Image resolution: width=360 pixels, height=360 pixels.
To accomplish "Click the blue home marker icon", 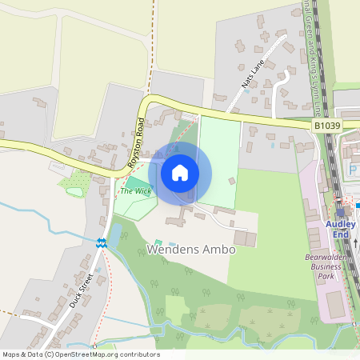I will (x=180, y=173).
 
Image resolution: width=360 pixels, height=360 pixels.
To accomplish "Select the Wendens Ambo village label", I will (x=191, y=250).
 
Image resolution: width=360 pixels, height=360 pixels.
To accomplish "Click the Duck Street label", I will (x=81, y=290).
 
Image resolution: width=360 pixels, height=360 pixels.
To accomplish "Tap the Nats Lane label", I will (x=253, y=72).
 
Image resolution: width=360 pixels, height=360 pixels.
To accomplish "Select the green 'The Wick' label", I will (x=135, y=191).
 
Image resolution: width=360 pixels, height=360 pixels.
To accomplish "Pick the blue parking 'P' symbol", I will (x=352, y=170).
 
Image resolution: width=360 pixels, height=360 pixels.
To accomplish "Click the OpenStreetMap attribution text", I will (x=81, y=354).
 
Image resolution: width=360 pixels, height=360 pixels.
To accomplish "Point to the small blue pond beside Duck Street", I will (x=114, y=234).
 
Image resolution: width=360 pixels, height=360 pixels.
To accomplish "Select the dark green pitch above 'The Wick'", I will (x=137, y=183).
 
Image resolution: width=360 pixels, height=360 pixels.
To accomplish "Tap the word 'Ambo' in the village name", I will (x=220, y=250).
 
